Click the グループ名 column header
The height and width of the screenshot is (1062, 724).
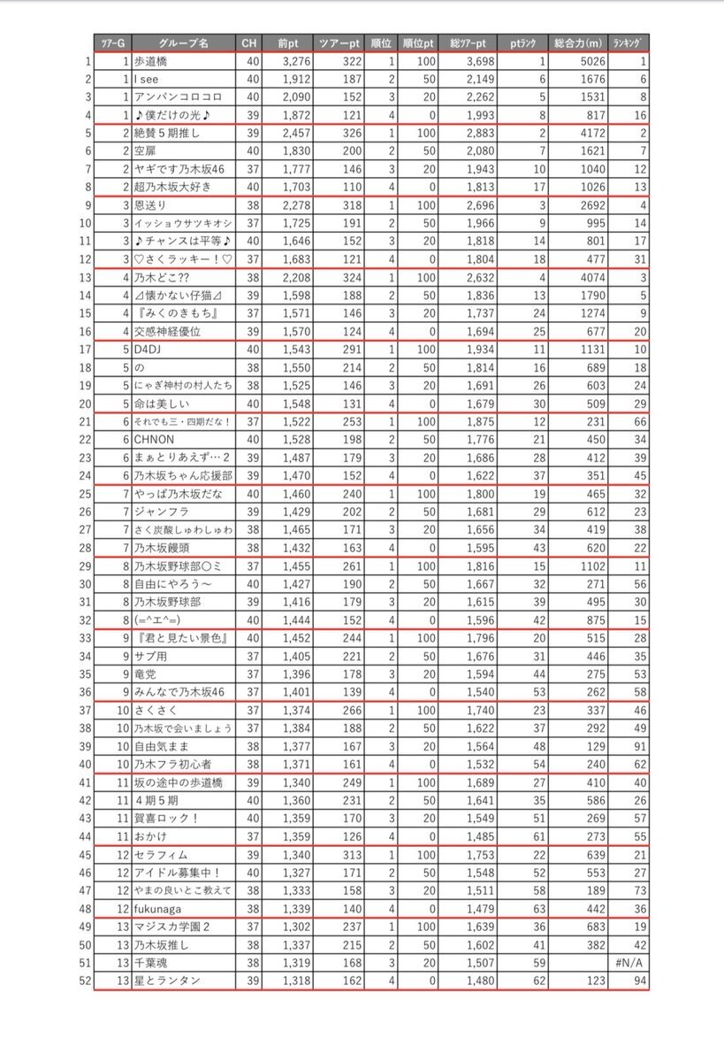pyautogui.click(x=183, y=43)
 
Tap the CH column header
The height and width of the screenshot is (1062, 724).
pyautogui.click(x=252, y=43)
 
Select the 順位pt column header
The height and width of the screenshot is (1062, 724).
pyautogui.click(x=416, y=43)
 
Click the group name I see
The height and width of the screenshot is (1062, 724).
pyautogui.click(x=147, y=80)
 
